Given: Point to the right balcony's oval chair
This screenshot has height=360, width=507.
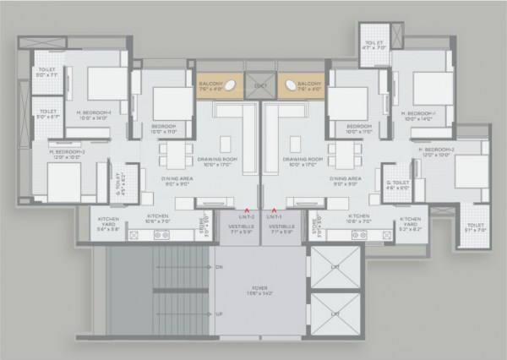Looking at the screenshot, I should coord(295,85).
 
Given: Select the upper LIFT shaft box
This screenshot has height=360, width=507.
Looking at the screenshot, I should coord(335,267).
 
